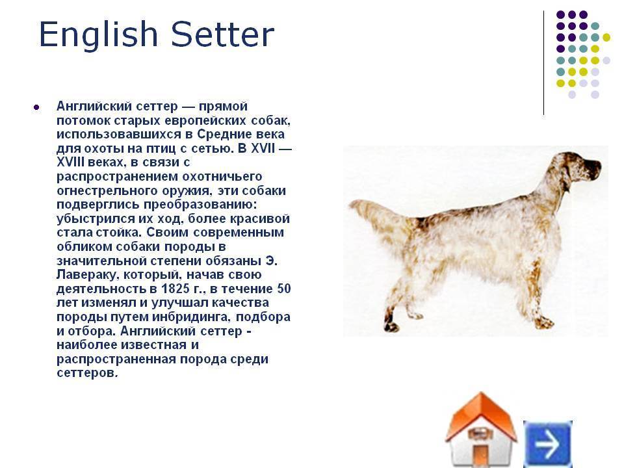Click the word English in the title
98,35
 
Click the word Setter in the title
223,34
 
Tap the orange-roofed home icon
481,430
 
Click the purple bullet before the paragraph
36,107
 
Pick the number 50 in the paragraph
283,289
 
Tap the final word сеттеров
87,373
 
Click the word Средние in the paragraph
224,135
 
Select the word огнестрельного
107,191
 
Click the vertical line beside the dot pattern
543,63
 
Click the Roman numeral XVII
263,148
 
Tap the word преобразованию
200,205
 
